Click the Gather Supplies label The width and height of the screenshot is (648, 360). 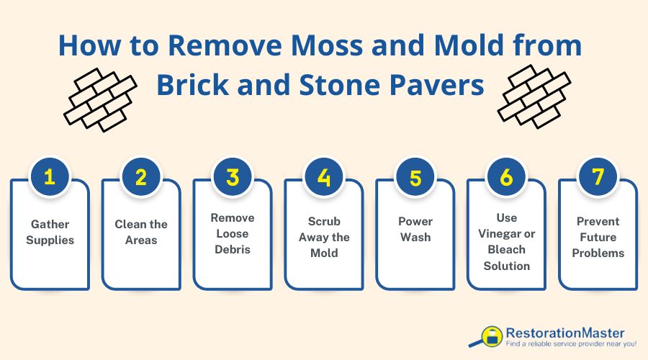click(50, 232)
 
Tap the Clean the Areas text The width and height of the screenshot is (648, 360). click(141, 232)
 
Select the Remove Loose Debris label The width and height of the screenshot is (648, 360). click(233, 233)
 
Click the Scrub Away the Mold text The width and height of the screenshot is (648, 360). click(324, 238)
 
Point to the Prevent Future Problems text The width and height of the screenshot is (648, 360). click(598, 238)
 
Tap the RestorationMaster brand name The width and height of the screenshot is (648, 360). click(564, 333)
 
